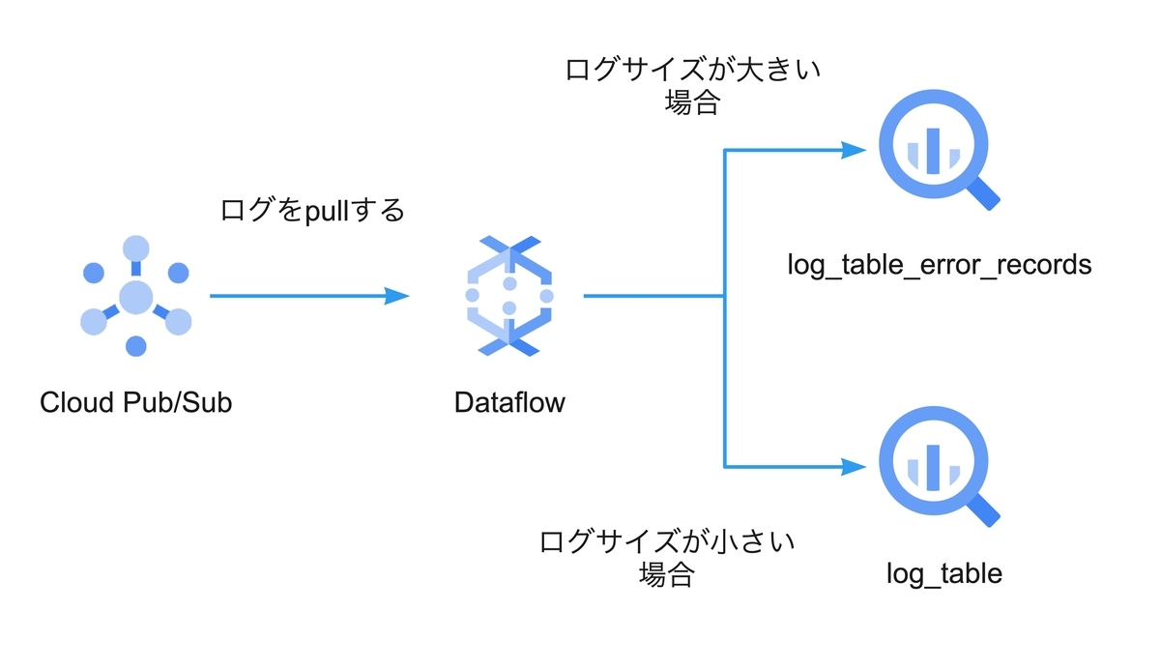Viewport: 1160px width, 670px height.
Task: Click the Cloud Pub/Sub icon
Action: tap(135, 296)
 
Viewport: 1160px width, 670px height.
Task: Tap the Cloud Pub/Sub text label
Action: tap(135, 402)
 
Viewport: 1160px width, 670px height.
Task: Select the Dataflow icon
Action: tap(509, 294)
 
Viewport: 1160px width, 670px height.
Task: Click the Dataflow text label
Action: tap(509, 402)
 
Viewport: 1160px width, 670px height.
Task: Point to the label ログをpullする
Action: tap(312, 210)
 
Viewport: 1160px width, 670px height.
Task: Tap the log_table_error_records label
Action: tap(939, 264)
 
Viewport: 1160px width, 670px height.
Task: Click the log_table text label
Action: tap(943, 574)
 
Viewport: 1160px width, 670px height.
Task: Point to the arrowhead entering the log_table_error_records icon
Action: tap(853, 150)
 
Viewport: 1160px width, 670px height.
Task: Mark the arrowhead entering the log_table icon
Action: tap(853, 467)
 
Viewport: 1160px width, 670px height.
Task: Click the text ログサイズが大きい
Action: tap(692, 71)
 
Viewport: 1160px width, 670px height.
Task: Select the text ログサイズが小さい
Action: tap(667, 540)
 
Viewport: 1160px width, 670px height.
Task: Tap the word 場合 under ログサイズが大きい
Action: tap(692, 103)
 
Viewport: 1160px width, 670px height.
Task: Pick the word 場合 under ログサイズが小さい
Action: tap(667, 574)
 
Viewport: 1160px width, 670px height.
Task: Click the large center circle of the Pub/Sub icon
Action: tap(135, 296)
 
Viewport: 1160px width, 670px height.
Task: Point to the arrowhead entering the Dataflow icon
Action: tap(397, 296)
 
